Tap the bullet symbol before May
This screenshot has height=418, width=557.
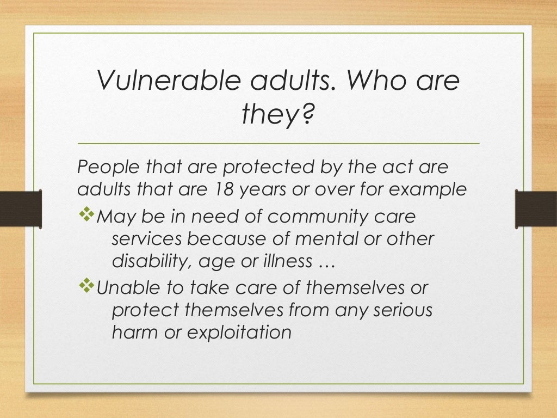[86, 215]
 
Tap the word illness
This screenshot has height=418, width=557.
[281, 262]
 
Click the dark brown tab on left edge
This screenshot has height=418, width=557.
[21, 208]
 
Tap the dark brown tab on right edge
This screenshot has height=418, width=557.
[536, 208]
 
